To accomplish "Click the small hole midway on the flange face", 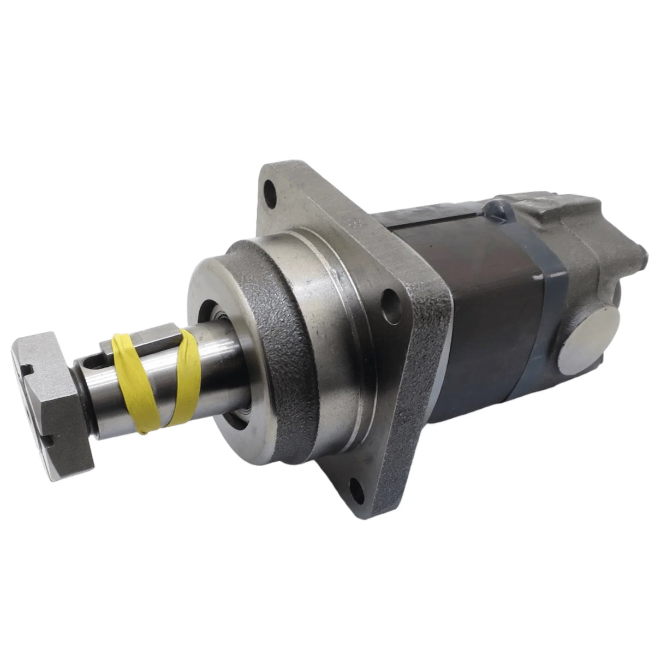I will pos(389,299).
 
